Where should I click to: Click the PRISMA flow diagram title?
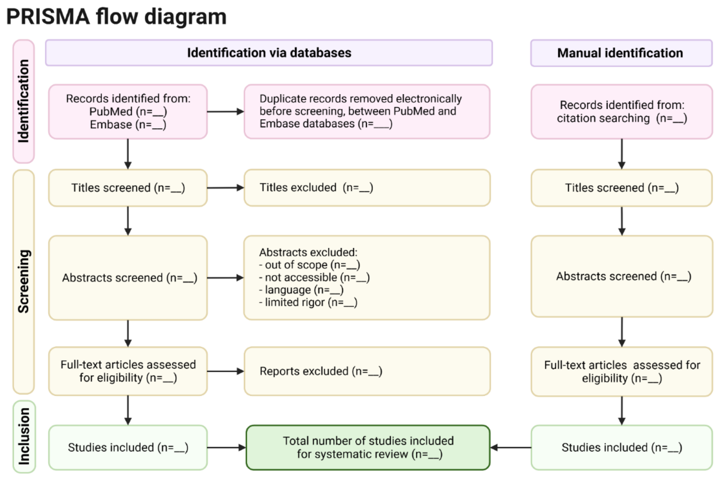point(116,17)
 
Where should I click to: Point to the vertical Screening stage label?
point(24,281)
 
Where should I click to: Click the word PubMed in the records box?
point(111,112)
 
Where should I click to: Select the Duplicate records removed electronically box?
point(367,112)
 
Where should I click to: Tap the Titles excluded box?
point(367,188)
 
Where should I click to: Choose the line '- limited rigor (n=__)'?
point(308,302)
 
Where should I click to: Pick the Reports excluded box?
point(367,371)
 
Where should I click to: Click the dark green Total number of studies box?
point(368,447)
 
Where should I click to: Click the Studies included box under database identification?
point(128,447)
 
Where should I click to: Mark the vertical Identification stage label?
point(24,101)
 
